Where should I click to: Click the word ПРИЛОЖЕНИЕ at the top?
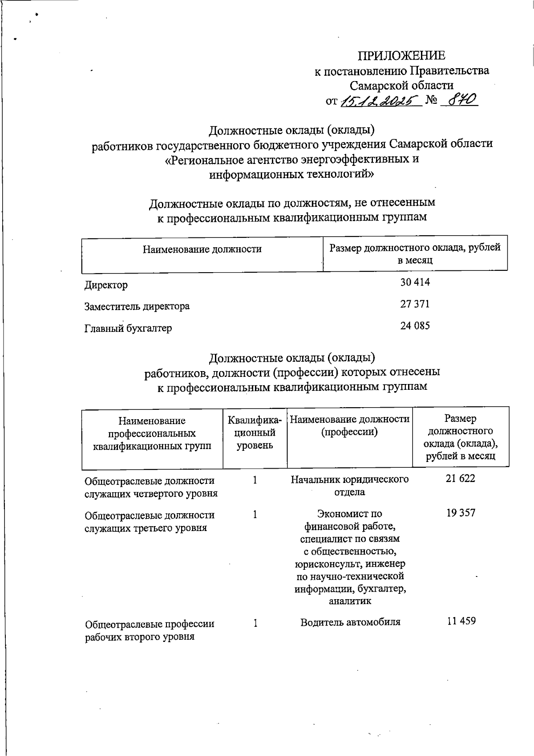pos(401,56)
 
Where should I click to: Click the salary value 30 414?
pos(415,282)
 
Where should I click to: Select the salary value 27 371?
pos(415,304)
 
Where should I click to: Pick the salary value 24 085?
pos(415,326)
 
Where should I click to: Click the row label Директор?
pos(106,285)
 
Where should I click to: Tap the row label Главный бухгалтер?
pos(128,329)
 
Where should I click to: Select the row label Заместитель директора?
pos(137,306)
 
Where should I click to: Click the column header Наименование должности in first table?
pos(202,249)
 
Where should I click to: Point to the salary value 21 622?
pos(461,478)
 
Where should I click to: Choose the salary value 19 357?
pos(461,513)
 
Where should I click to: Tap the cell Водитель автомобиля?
pos(350,622)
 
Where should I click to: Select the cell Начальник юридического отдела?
pos(350,486)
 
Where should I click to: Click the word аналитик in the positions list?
pos(350,601)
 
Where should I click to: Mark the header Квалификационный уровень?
pos(255,432)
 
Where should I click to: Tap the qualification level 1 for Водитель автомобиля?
pos(255,623)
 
